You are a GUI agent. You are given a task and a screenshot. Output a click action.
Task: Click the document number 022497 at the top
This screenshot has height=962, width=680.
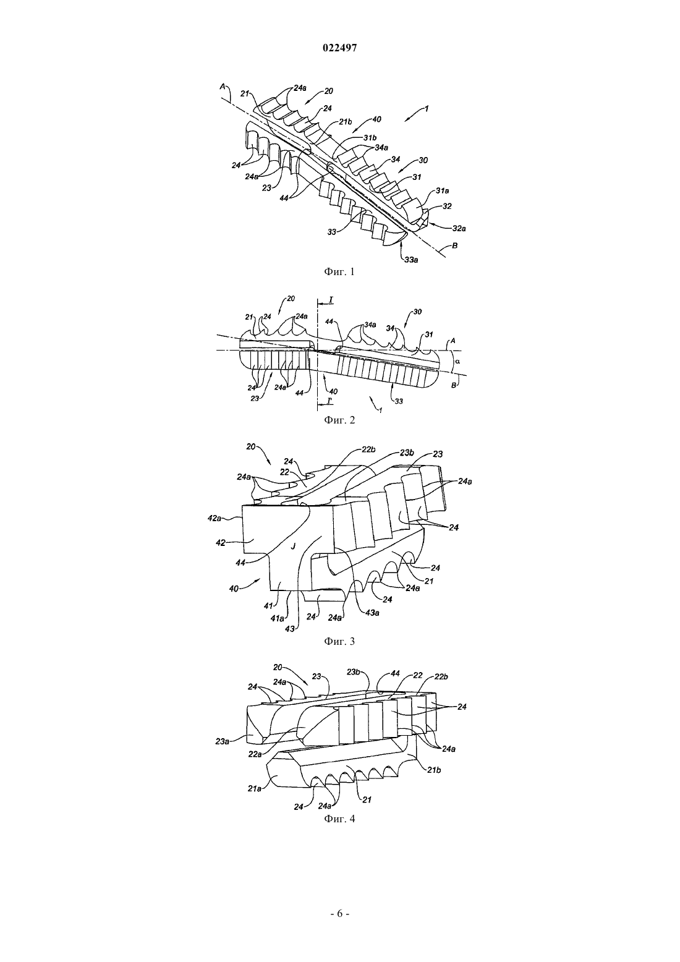click(339, 48)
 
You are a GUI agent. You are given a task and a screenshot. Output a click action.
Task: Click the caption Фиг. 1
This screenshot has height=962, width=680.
click(339, 271)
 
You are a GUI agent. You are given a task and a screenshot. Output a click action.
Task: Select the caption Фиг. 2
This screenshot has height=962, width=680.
click(339, 420)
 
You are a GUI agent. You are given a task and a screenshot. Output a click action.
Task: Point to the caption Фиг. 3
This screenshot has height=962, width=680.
click(339, 641)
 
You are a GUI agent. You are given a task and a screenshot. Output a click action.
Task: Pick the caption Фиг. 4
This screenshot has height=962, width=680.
click(339, 819)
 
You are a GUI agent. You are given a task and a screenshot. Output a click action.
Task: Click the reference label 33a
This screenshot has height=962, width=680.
click(411, 260)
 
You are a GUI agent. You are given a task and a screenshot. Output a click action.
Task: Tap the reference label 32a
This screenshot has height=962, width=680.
click(459, 229)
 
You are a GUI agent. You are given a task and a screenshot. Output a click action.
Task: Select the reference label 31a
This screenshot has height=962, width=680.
click(443, 190)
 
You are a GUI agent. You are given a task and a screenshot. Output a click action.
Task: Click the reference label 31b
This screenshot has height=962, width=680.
click(370, 138)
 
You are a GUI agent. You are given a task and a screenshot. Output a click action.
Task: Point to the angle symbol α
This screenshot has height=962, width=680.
click(457, 361)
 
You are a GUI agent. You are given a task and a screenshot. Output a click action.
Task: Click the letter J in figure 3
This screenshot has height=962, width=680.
click(293, 546)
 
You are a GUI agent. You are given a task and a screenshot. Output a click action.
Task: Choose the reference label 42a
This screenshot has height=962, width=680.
click(215, 518)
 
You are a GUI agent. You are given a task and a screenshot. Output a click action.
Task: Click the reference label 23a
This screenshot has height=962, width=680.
click(223, 741)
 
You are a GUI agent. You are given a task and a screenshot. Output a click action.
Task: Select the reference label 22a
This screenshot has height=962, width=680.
click(255, 753)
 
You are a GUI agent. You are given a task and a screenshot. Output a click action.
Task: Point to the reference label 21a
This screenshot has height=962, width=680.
click(254, 788)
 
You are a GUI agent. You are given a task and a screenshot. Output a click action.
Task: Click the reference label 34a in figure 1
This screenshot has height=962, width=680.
click(381, 147)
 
